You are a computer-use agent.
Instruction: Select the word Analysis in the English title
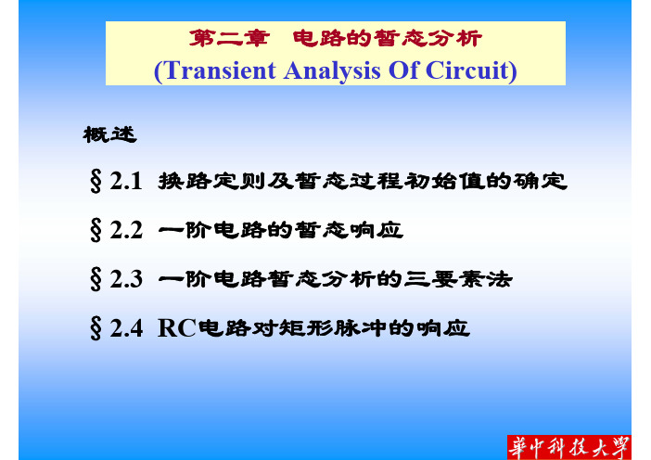tap(332, 71)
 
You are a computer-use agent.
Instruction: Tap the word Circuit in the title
tap(467, 70)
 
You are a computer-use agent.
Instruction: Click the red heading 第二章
tap(230, 39)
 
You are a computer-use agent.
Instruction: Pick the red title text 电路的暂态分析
tap(387, 39)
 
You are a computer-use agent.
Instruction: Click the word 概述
tap(109, 134)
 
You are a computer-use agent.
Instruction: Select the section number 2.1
tap(126, 181)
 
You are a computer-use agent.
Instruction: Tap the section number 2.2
tap(126, 230)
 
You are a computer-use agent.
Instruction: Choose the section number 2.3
tap(126, 279)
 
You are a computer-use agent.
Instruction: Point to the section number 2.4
tap(126, 328)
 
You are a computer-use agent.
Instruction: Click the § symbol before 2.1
tap(96, 182)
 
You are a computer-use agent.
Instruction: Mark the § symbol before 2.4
tap(96, 329)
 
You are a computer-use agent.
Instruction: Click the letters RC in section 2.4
tap(177, 328)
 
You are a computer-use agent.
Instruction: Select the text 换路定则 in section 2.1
tap(211, 181)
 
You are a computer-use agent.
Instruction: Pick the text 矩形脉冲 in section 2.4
tap(333, 328)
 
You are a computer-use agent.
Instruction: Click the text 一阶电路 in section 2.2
tap(211, 230)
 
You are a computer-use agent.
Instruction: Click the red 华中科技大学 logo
tap(568, 447)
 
